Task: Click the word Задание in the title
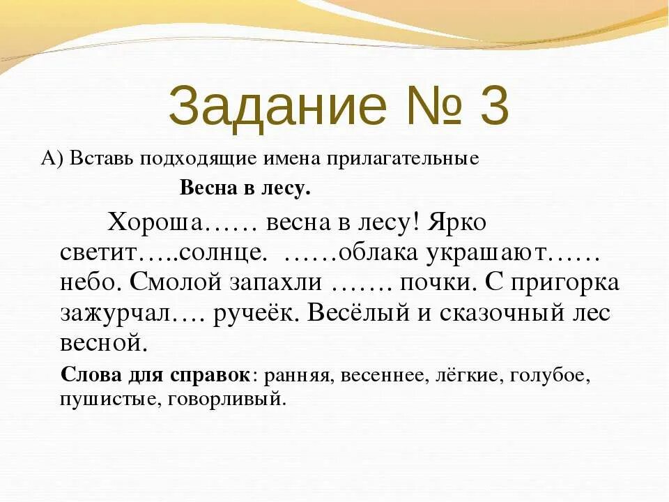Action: click(x=277, y=107)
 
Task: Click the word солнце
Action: click(x=222, y=252)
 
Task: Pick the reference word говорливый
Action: click(x=238, y=400)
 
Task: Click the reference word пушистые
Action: click(x=103, y=400)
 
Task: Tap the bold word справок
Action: click(x=213, y=376)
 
